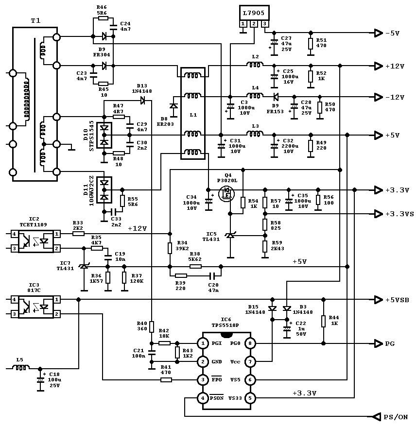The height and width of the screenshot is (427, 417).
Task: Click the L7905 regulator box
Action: pyautogui.click(x=254, y=13)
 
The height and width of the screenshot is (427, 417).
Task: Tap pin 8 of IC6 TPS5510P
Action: pyautogui.click(x=250, y=343)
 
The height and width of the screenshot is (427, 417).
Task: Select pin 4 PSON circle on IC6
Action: pyautogui.click(x=203, y=398)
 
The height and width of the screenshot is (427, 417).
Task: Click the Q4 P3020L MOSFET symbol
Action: pyautogui.click(x=226, y=194)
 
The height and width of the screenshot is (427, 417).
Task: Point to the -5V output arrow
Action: pyautogui.click(x=379, y=33)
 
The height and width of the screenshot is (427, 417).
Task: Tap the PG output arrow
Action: pyautogui.click(x=379, y=343)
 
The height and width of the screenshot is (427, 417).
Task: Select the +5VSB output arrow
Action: pyautogui.click(x=379, y=300)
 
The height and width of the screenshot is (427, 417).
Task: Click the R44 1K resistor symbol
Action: pyautogui.click(x=323, y=321)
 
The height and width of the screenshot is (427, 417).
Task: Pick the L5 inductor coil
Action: pyautogui.click(x=21, y=368)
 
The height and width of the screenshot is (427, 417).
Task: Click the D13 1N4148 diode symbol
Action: pyautogui.click(x=142, y=101)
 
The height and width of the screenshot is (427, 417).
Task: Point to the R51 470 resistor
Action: pyautogui.click(x=311, y=44)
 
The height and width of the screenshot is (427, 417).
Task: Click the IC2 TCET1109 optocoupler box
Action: pyautogui.click(x=35, y=241)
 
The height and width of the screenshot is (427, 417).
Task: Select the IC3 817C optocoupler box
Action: pyautogui.click(x=35, y=307)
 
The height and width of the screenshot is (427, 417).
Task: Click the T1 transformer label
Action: pyautogui.click(x=35, y=20)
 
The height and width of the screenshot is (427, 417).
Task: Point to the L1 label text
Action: pyautogui.click(x=193, y=115)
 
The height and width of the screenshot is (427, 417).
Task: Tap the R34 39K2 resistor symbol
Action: pyautogui.click(x=170, y=248)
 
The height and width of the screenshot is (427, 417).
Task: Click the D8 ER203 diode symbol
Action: pyautogui.click(x=174, y=106)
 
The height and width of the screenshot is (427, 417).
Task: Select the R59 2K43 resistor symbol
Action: pyautogui.click(x=265, y=246)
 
